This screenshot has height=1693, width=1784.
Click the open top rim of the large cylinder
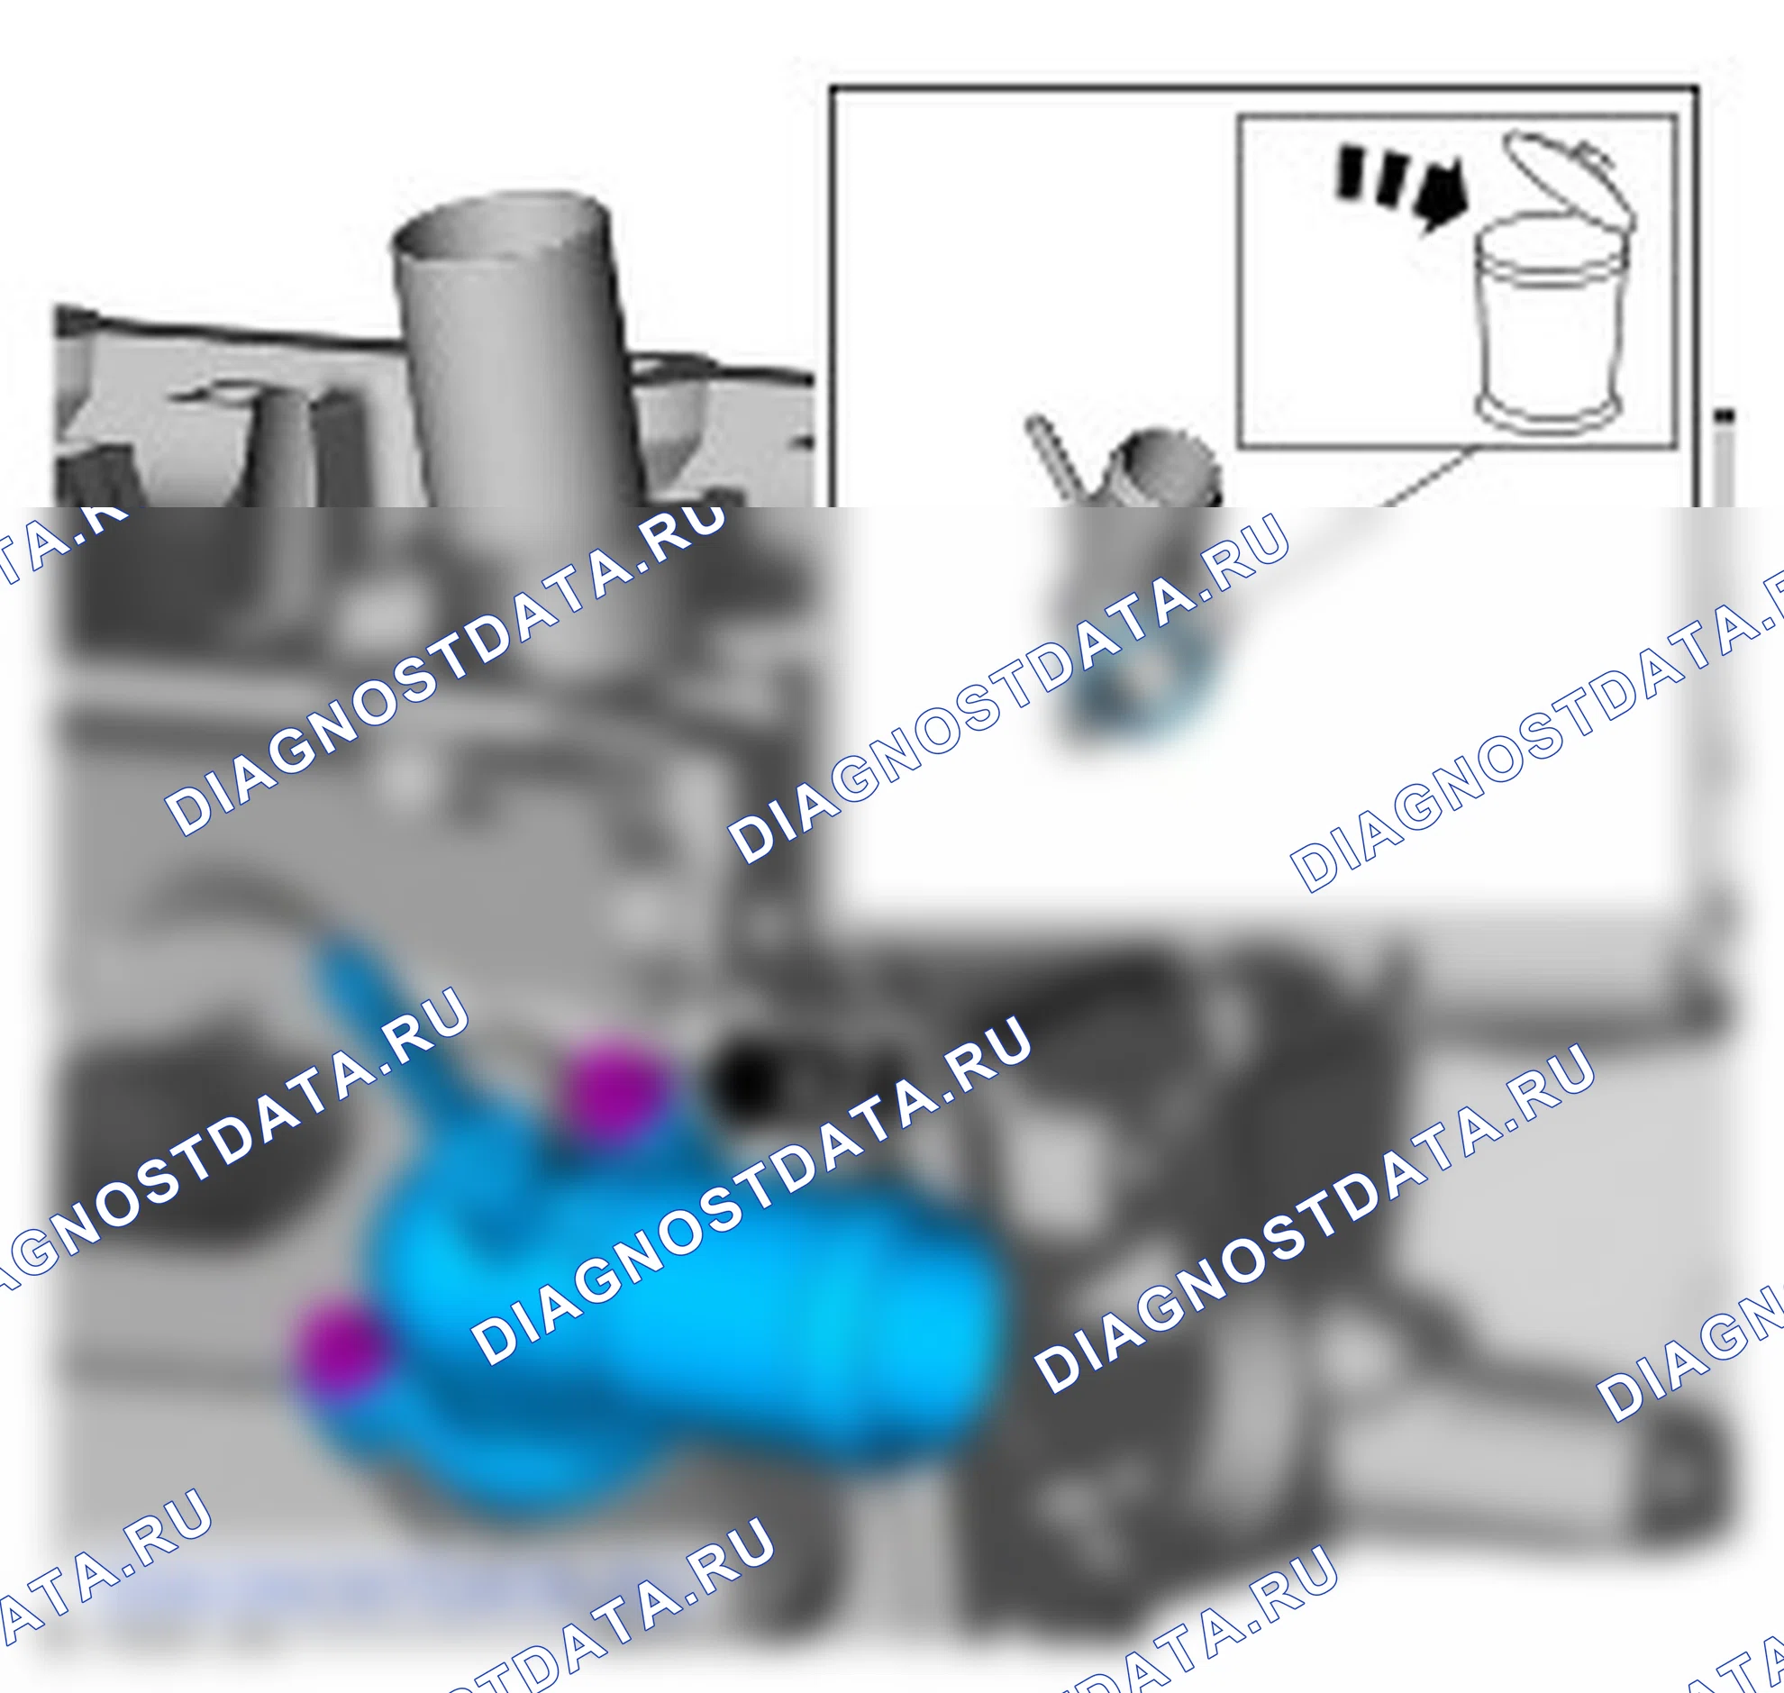[x=502, y=225]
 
